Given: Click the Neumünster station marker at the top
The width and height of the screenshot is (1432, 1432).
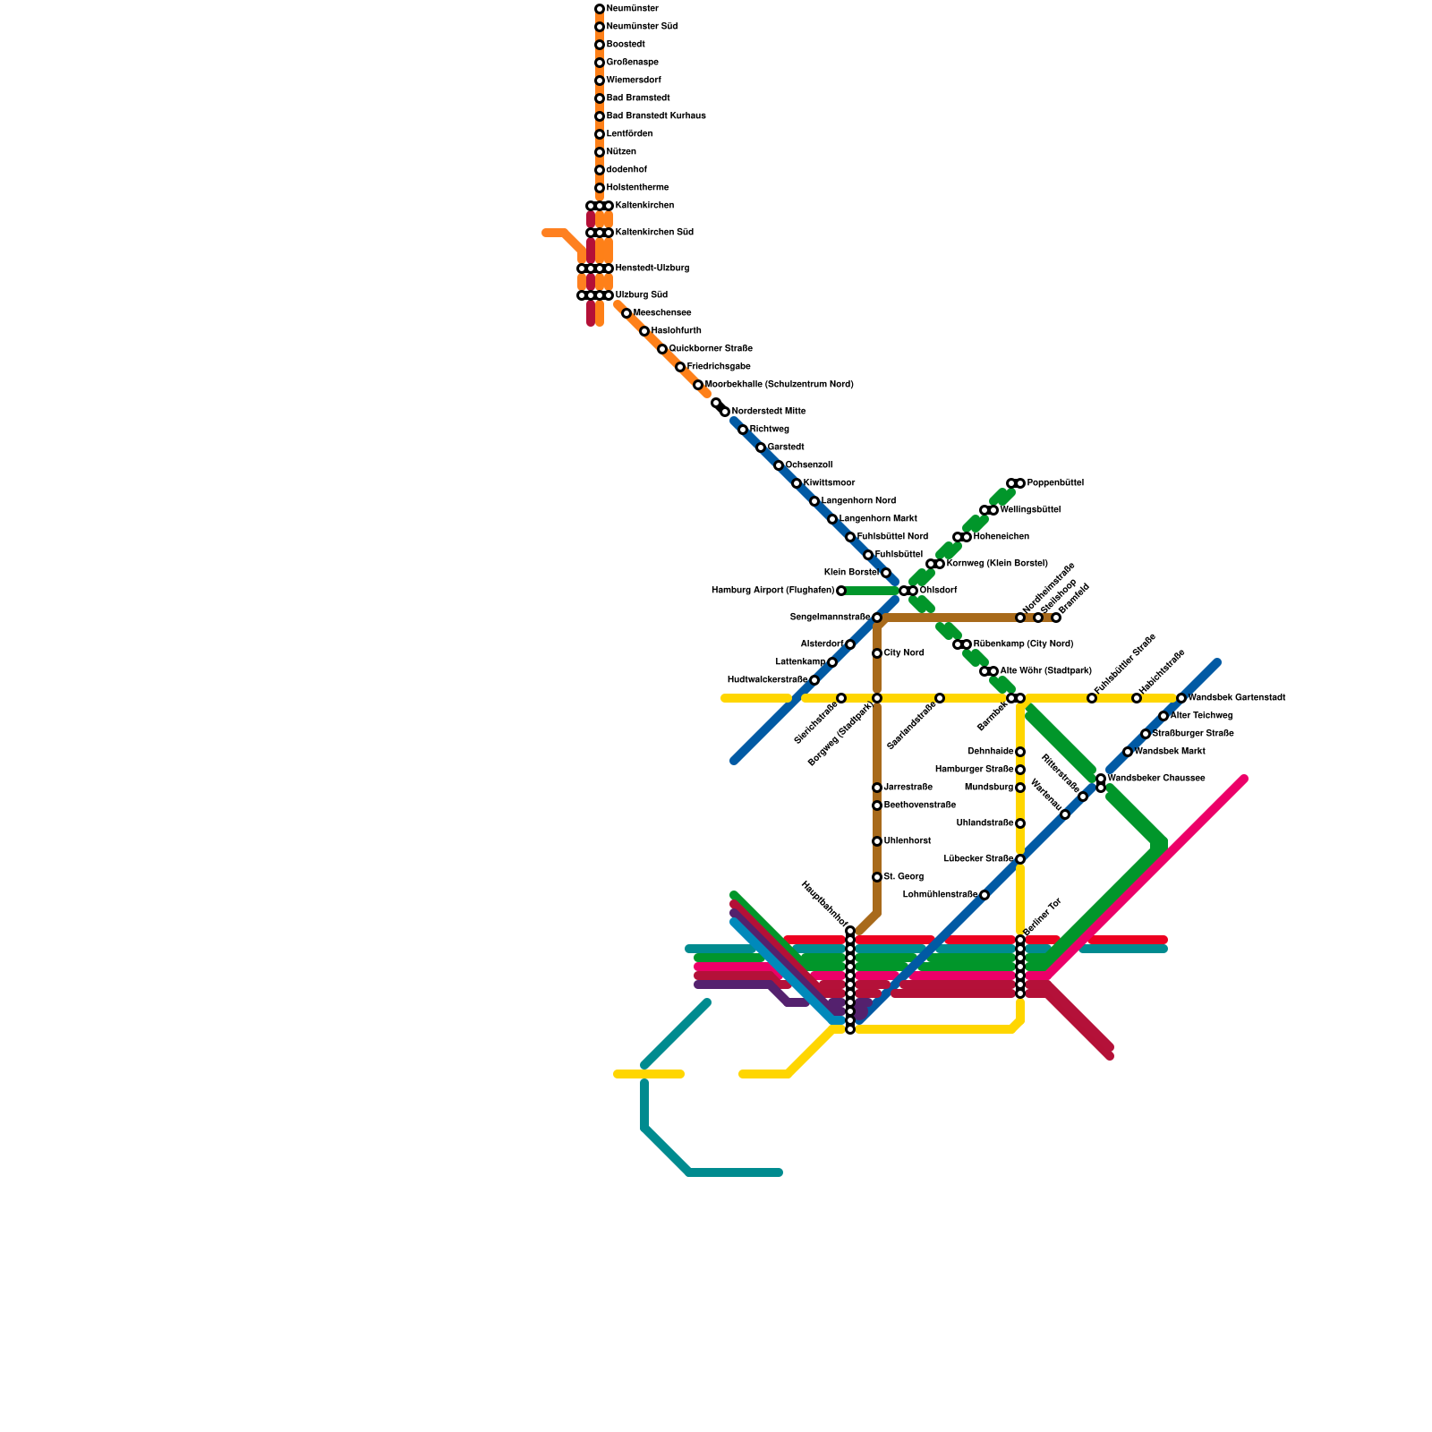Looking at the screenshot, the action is coord(600,9).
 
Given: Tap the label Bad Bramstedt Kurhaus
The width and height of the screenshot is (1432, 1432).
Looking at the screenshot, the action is coord(656,116).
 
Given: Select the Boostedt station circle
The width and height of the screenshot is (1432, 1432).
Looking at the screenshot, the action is coord(600,45).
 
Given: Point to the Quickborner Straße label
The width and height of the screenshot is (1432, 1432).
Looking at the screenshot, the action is coord(711,349).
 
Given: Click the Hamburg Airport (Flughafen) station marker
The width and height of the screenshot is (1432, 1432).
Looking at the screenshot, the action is coord(841,591).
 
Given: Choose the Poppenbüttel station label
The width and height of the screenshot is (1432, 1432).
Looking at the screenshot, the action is coord(1055,483).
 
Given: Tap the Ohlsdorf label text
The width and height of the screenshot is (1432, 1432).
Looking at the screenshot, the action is coord(938,591).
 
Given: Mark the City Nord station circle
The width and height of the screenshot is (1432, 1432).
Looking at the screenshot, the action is coord(877,653).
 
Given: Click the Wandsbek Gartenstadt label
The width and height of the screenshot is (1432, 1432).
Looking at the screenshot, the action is coord(1237,698).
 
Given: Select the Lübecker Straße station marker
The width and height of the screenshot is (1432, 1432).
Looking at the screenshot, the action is coord(1020,859).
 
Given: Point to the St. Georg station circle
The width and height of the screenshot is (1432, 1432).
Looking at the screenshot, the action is coord(877,877).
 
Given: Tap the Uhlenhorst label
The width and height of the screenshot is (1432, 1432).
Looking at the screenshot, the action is coord(908,841).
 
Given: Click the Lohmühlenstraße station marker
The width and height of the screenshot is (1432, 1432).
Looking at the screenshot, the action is coord(984,895).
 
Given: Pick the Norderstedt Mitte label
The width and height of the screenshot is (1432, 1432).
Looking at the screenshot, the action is coord(769,412).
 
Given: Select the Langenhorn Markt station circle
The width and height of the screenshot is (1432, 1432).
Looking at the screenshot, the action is coord(832,519).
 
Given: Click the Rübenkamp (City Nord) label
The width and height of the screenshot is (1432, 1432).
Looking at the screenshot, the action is coord(1023,644).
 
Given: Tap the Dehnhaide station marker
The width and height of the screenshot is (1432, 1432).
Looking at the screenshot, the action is coord(1020,752).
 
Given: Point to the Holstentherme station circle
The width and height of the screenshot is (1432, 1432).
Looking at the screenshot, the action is coord(600,188).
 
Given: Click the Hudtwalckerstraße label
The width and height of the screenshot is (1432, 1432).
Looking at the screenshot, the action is coord(767,680).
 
